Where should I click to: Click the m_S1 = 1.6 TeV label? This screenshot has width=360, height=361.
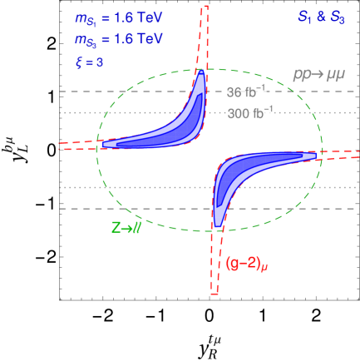coord(119,19)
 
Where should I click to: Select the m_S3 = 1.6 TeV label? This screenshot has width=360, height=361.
coord(119,40)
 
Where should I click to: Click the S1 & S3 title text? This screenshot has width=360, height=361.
coord(320,17)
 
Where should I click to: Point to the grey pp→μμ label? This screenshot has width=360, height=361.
coord(318,75)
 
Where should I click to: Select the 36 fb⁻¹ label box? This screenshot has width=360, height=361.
coord(246,92)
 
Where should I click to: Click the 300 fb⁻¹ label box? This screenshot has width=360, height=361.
coord(250,113)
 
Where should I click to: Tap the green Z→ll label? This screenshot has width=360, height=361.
coord(126,228)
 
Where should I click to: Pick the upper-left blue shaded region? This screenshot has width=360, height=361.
coord(166,130)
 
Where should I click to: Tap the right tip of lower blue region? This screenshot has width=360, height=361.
coord(315,155)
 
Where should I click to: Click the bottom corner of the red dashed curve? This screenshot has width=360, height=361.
coord(215,294)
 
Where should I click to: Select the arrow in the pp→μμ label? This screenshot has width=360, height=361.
coord(320,75)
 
